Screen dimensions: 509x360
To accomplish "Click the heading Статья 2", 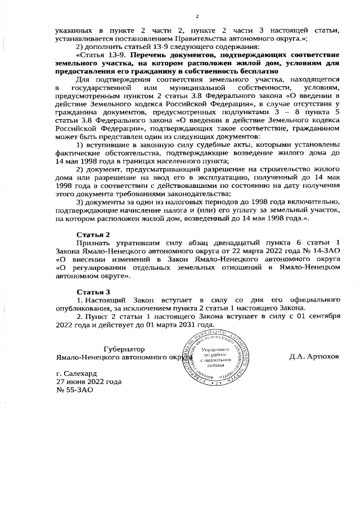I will [x=93, y=233].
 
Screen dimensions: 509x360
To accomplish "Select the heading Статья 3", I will [x=93, y=291].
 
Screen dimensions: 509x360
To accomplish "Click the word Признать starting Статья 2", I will [x=92, y=242].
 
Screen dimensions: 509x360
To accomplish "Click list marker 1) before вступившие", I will [x=80, y=145].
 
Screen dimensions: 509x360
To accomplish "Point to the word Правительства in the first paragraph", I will [x=189, y=39].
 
